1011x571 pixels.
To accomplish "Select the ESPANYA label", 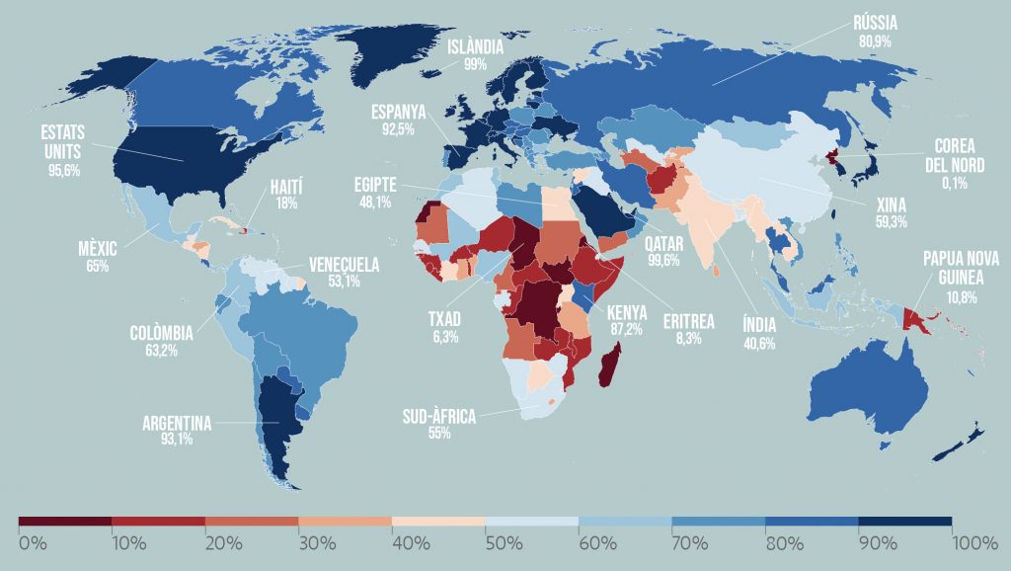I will pos(399,113).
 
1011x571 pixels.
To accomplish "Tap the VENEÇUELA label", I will pos(344,265).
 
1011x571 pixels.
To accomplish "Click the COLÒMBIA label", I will pos(162,333).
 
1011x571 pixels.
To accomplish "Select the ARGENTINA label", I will pos(177,424).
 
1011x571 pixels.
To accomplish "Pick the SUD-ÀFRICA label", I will pos(438,418).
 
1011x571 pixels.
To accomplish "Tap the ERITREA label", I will pos(689,323).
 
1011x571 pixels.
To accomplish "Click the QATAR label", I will pos(662,244).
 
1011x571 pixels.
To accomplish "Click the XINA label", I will pos(891,206).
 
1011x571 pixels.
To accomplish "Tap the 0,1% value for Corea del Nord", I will pos(955,183).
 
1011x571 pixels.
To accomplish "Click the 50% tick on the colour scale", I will pos(486,543).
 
